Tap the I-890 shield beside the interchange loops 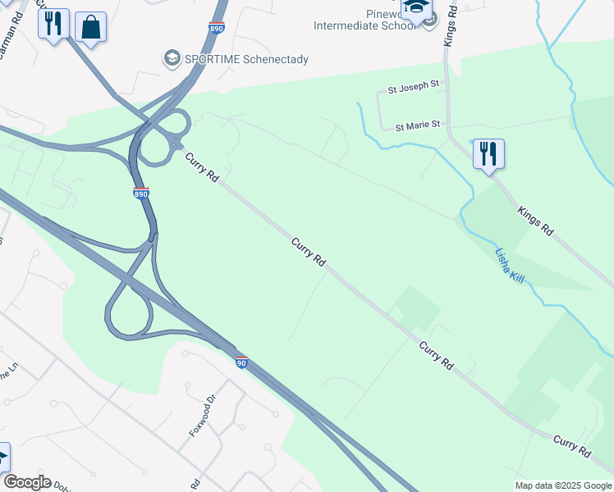[140, 194]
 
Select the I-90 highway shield [241, 362]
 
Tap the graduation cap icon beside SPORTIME [172, 58]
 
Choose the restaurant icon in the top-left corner [53, 24]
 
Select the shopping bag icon [91, 26]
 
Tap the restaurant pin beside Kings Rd [488, 153]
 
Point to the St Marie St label [418, 126]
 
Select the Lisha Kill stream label [510, 266]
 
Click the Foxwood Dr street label [202, 415]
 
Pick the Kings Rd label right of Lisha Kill [535, 223]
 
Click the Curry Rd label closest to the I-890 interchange [202, 167]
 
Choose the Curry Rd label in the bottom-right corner [572, 447]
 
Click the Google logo [27, 482]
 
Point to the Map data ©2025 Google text [563, 485]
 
